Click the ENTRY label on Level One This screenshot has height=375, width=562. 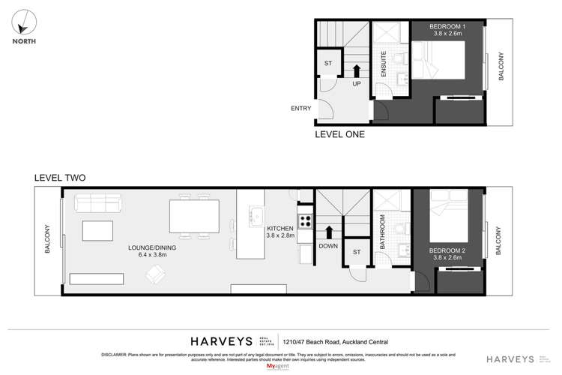point(300,109)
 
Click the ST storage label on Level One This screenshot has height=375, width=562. point(327,64)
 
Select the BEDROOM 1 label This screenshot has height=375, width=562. point(447,28)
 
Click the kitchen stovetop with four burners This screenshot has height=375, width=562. point(306,221)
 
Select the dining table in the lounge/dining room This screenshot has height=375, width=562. point(193,215)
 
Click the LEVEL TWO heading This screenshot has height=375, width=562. point(60,178)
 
